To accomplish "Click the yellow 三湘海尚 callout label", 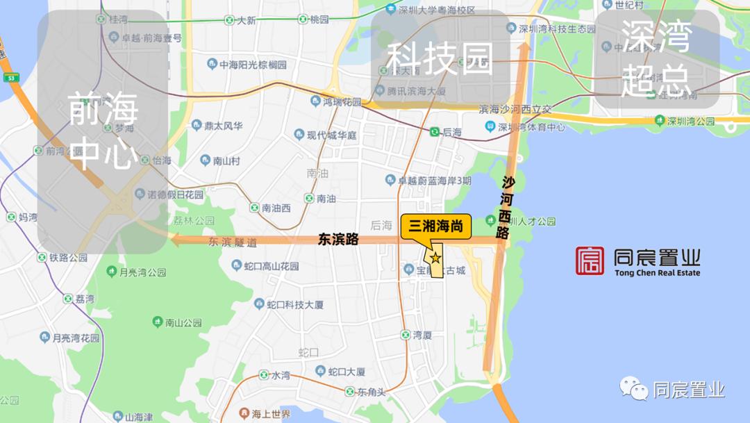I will (436, 226).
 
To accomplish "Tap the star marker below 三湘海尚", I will (435, 258).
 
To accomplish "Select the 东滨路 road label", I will (338, 239).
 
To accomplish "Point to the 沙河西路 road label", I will (506, 208).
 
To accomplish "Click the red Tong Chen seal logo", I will (590, 261).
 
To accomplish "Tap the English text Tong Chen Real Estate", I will (657, 273).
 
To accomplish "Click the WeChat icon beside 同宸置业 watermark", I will (634, 390).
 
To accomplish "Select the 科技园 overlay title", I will (439, 58).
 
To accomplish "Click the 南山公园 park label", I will (183, 322).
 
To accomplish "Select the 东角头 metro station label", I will (371, 392).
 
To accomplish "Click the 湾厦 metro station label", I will (422, 335).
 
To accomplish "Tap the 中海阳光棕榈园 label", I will (253, 65).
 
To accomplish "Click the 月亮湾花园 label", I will (76, 338).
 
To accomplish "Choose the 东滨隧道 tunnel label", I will (233, 242).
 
